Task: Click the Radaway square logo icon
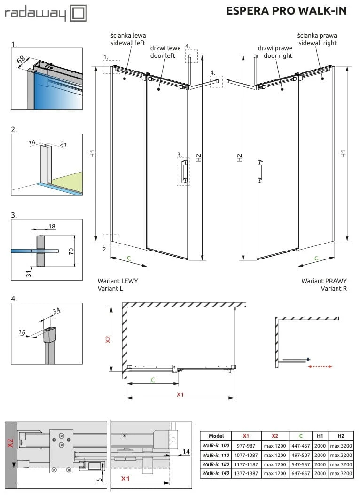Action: [x=78, y=13]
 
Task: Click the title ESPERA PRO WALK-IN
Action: [x=286, y=11]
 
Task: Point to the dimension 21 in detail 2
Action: [x=63, y=145]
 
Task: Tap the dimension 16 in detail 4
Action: [x=22, y=332]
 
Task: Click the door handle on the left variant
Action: [x=183, y=171]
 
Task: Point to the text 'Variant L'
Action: [x=110, y=288]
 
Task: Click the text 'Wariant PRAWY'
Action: [x=324, y=281]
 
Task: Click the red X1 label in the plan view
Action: [x=180, y=394]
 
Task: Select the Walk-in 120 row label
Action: [x=215, y=464]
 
